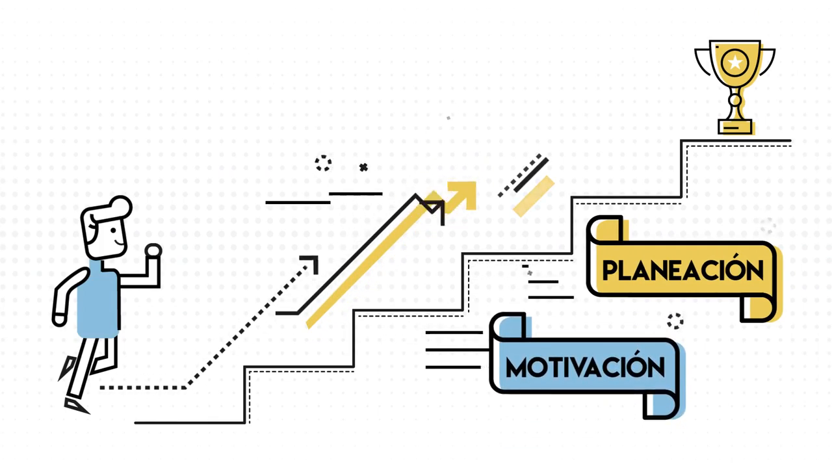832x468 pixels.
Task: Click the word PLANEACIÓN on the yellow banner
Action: [682, 270]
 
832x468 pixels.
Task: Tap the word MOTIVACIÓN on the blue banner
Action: [585, 367]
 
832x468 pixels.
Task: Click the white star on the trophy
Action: [735, 62]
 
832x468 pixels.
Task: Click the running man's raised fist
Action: [153, 251]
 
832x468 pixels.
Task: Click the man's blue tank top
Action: [98, 302]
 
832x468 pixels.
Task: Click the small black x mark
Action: [363, 168]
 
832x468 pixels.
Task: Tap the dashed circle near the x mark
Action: [323, 163]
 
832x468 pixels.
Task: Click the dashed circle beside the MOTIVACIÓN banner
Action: [675, 320]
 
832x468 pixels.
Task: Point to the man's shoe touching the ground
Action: [77, 406]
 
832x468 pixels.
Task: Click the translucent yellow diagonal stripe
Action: [533, 196]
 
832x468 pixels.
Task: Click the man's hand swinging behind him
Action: [59, 319]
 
